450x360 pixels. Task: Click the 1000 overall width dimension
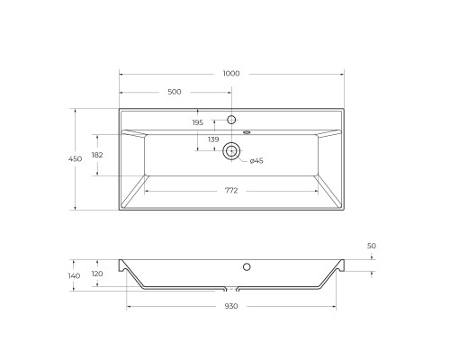231,73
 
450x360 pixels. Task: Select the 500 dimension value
175,92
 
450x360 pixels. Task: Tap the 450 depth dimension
75,158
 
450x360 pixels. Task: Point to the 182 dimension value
97,156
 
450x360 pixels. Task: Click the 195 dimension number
198,122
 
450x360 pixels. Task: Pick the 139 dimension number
213,139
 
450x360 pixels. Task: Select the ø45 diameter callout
256,160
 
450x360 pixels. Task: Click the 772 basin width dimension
231,190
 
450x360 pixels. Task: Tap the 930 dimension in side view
231,307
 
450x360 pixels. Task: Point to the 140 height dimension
74,275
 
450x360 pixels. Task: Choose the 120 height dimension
97,274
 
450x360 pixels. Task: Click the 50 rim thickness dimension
371,246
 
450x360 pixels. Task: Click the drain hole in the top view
231,151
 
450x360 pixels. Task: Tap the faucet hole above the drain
231,120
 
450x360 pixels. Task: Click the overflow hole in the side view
246,266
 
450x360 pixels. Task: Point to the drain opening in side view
231,290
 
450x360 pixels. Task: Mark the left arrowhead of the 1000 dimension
121,78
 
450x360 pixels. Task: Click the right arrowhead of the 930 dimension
336,301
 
